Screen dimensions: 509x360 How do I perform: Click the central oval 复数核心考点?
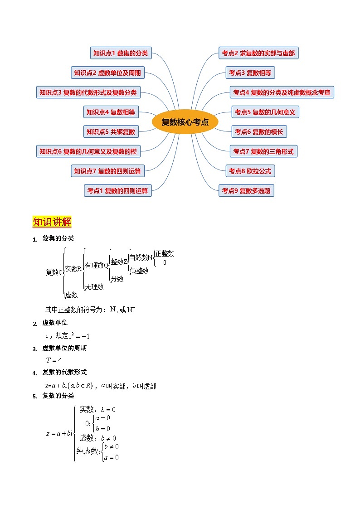[x=185, y=122]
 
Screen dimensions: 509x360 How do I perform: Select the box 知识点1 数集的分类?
[x=121, y=53]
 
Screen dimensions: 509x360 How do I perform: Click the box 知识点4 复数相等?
[x=112, y=112]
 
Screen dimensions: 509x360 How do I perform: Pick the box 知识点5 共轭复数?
[x=111, y=132]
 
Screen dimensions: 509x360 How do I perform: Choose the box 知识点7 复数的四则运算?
[x=107, y=171]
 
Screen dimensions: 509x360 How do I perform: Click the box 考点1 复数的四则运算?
[x=118, y=191]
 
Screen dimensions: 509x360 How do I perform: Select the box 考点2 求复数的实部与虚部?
[x=258, y=53]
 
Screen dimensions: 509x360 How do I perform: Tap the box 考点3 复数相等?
[x=250, y=73]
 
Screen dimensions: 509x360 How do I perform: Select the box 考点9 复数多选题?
[x=246, y=191]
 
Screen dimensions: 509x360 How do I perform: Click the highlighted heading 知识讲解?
[x=52, y=222]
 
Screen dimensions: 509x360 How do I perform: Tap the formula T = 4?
[x=54, y=360]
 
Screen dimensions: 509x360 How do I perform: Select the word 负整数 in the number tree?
[x=139, y=271]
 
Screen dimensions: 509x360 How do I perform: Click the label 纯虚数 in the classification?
[x=88, y=451]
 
